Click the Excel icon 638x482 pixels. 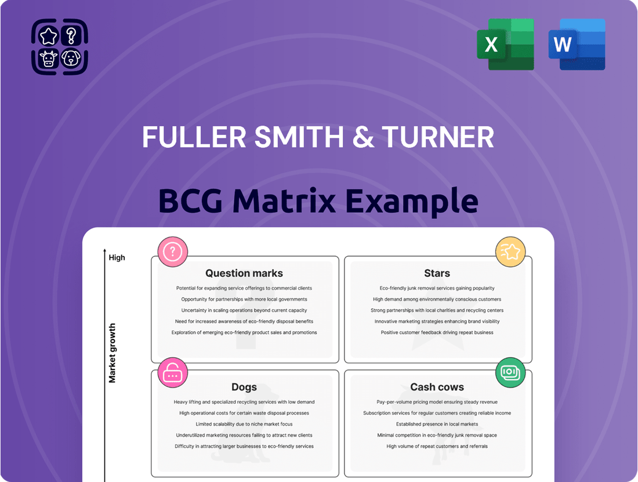[x=505, y=44]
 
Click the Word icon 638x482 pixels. [x=577, y=44]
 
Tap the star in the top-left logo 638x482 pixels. [x=48, y=36]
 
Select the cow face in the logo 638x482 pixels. [x=48, y=59]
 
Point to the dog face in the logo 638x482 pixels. [x=71, y=58]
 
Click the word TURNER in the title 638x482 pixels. [x=438, y=137]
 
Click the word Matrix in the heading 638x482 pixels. [x=284, y=200]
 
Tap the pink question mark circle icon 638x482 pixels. [x=172, y=252]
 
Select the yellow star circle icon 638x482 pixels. [x=510, y=252]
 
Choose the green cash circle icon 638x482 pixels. [x=510, y=373]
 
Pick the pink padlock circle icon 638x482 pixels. [x=172, y=373]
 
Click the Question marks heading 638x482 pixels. [x=244, y=273]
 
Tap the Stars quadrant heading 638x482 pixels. [x=437, y=273]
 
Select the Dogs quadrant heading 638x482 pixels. [x=244, y=388]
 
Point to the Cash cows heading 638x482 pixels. [x=437, y=387]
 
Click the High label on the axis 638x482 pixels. [x=117, y=258]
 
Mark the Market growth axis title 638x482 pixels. [x=112, y=353]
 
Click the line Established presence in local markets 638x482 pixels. [x=437, y=424]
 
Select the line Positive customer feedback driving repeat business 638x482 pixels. [x=437, y=333]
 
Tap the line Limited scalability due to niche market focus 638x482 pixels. [x=244, y=424]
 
